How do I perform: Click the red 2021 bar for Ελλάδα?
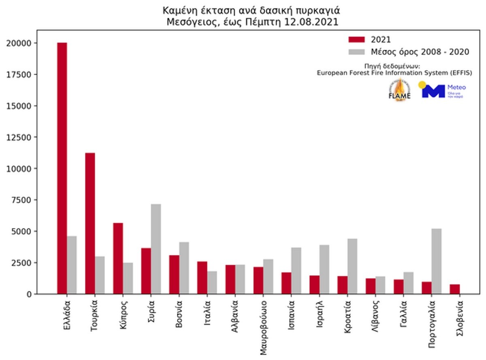62,168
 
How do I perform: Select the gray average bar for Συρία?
156,249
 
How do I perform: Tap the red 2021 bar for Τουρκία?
90,223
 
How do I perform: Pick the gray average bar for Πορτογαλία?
437,261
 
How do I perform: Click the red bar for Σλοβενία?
455,289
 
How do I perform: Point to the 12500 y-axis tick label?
19,137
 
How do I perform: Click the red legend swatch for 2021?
355,40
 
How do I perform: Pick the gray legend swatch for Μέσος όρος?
355,52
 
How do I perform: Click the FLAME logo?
399,90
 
